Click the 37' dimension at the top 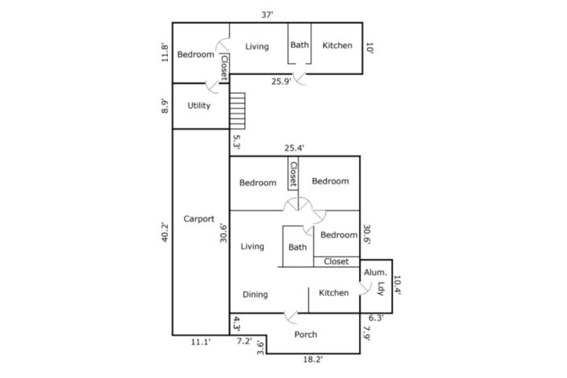pyautogui.click(x=267, y=15)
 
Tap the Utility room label pyautogui.click(x=199, y=106)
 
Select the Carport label pyautogui.click(x=199, y=219)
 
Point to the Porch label pyautogui.click(x=306, y=335)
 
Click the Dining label pyautogui.click(x=255, y=295)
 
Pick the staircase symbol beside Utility pyautogui.click(x=237, y=111)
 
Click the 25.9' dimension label pyautogui.click(x=281, y=81)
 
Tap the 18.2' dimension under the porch pyautogui.click(x=313, y=360)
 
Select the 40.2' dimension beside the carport pyautogui.click(x=165, y=232)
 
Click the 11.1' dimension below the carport pyautogui.click(x=201, y=342)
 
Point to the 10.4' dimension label pyautogui.click(x=397, y=285)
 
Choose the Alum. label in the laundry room pyautogui.click(x=375, y=272)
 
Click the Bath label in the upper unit pyautogui.click(x=300, y=45)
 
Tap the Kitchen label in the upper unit pyautogui.click(x=337, y=45)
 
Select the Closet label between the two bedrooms pyautogui.click(x=293, y=173)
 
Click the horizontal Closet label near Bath pyautogui.click(x=336, y=261)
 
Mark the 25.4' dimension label pyautogui.click(x=294, y=148)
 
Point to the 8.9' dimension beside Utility pyautogui.click(x=165, y=106)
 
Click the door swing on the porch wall pyautogui.click(x=291, y=317)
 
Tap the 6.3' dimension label pyautogui.click(x=376, y=318)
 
